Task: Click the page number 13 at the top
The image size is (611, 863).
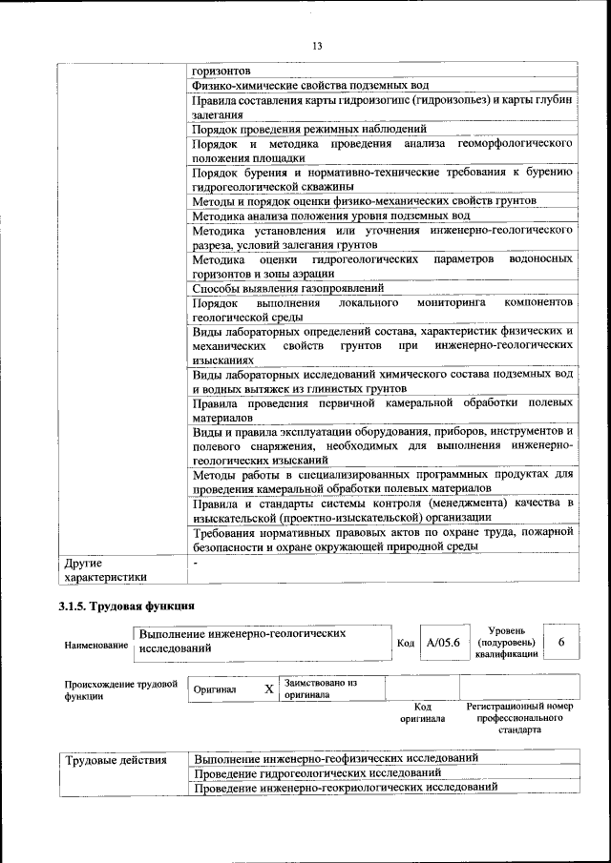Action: [317, 46]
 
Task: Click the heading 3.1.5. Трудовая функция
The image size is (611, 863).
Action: [127, 605]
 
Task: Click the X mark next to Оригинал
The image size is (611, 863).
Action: [268, 688]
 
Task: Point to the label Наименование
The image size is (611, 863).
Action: [95, 646]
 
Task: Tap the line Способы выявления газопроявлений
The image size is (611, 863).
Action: [287, 287]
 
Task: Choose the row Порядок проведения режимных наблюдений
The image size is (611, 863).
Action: [308, 129]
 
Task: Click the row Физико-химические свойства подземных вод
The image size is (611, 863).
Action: [315, 86]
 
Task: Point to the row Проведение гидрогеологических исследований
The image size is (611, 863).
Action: [317, 772]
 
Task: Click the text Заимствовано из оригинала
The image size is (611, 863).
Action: [319, 688]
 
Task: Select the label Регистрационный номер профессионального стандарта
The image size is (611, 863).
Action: [519, 717]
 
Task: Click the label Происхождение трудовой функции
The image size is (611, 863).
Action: [120, 689]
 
